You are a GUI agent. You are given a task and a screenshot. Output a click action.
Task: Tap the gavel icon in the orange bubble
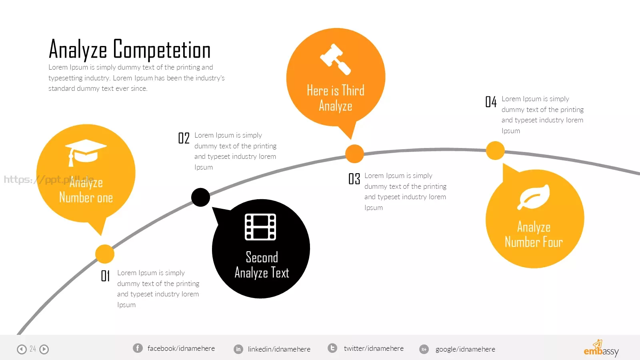click(x=336, y=59)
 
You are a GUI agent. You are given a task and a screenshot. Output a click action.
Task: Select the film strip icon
click(x=260, y=227)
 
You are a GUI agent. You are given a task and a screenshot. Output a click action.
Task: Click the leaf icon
click(x=534, y=197)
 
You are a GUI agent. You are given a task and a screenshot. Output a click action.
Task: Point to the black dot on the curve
click(x=200, y=197)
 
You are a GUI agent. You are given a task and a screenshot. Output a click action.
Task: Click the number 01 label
click(x=105, y=276)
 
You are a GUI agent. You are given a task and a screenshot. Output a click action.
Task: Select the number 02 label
click(x=184, y=138)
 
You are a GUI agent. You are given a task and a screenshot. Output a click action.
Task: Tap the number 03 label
click(x=354, y=179)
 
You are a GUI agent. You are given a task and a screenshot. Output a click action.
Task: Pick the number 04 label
click(x=491, y=102)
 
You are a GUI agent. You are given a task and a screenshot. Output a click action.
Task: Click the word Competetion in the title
click(x=162, y=50)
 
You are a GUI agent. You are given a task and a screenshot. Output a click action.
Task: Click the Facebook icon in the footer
click(x=138, y=348)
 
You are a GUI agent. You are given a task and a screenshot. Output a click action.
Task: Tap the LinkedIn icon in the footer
click(x=238, y=349)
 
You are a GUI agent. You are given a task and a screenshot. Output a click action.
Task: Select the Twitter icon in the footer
click(x=332, y=348)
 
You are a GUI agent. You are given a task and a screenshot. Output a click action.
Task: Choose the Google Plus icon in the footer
click(x=424, y=349)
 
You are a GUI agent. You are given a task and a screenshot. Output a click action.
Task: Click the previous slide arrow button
click(x=22, y=349)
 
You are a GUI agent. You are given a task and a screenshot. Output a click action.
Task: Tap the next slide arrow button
click(x=44, y=349)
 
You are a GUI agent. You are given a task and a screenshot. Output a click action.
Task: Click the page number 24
click(x=33, y=348)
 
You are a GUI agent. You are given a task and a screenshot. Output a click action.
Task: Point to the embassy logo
click(x=601, y=348)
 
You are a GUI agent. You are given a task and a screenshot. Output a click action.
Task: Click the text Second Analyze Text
click(x=262, y=265)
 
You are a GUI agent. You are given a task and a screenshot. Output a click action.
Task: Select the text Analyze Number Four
click(x=534, y=234)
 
